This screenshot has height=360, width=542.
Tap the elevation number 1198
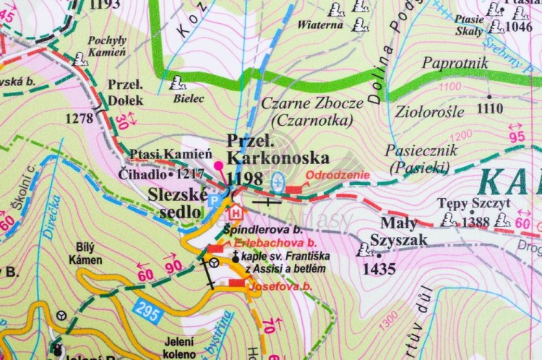pos(243,178)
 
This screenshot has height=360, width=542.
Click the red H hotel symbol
pos(235,213)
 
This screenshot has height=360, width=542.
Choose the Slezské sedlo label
pos(178,202)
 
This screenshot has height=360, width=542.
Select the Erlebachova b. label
pos(269,243)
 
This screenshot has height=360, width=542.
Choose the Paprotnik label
pos(455,64)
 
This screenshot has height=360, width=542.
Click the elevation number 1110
pos(489,108)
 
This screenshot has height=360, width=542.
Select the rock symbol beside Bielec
pos(174,85)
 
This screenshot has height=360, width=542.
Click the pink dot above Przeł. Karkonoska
pos(220,165)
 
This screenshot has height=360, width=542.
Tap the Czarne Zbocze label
pos(312,103)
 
